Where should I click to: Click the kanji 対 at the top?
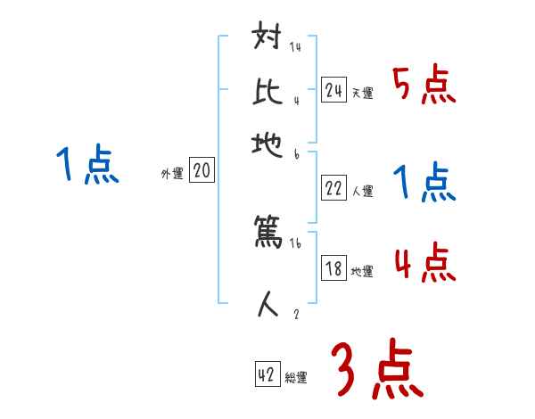click(268, 40)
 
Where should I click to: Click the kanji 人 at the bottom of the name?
click(268, 306)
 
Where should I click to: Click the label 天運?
click(362, 93)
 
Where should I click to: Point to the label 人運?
click(362, 191)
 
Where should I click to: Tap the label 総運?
click(296, 378)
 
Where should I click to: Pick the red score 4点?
click(424, 264)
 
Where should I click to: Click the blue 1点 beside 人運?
click(424, 183)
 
